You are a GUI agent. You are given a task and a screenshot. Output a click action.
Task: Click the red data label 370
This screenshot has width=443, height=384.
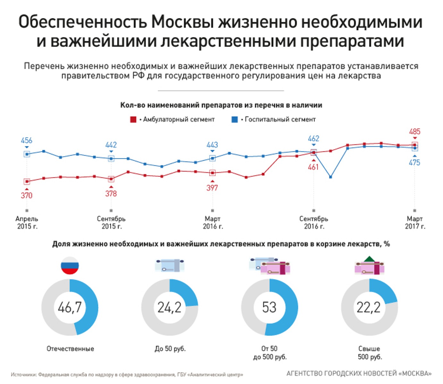tap(27, 195)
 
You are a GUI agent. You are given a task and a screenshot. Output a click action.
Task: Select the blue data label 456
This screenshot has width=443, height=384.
tap(27, 140)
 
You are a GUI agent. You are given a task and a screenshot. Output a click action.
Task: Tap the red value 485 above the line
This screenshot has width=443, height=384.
tap(414, 132)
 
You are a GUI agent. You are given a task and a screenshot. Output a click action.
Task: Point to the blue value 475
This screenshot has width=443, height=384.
tap(414, 163)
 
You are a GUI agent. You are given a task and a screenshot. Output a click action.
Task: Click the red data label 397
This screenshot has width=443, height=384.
tap(212, 188)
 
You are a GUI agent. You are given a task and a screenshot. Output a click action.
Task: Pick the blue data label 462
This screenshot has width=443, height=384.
tap(313, 139)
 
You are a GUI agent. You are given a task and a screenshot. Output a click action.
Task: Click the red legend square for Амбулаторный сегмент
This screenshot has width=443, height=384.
tap(133, 120)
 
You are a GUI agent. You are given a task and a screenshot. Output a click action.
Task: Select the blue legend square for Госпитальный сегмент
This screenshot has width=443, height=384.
tap(235, 120)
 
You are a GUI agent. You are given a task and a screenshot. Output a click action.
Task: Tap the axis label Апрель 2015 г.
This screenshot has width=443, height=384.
tap(27, 222)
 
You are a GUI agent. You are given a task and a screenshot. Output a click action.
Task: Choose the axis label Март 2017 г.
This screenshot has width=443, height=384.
tap(415, 222)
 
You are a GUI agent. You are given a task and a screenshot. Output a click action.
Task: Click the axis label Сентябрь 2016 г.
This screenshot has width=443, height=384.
tap(313, 222)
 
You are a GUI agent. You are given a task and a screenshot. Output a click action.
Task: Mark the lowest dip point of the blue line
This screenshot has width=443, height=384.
tap(330, 177)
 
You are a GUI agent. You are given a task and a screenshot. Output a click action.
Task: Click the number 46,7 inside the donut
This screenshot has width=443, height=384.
tap(70, 307)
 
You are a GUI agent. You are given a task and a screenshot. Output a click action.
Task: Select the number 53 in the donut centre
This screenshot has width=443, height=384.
tap(269, 307)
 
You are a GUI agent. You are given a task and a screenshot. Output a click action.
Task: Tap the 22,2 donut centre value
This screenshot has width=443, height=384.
tap(369, 307)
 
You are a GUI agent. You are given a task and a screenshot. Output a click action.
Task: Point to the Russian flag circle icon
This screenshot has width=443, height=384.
tap(70, 265)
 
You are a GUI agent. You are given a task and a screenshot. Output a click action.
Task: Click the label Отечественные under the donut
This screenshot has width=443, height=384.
tap(70, 348)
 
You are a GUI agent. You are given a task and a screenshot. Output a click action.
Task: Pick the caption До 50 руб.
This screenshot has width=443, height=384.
tap(170, 348)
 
